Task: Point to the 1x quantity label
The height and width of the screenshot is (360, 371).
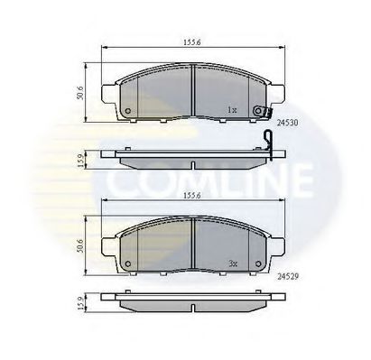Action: click(x=231, y=110)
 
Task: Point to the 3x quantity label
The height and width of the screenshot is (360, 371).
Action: click(x=231, y=265)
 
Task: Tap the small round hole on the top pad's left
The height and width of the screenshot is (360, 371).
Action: click(x=127, y=113)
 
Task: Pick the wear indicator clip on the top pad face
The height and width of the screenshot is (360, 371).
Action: click(x=262, y=112)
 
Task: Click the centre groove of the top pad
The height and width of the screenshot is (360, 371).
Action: click(x=192, y=90)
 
